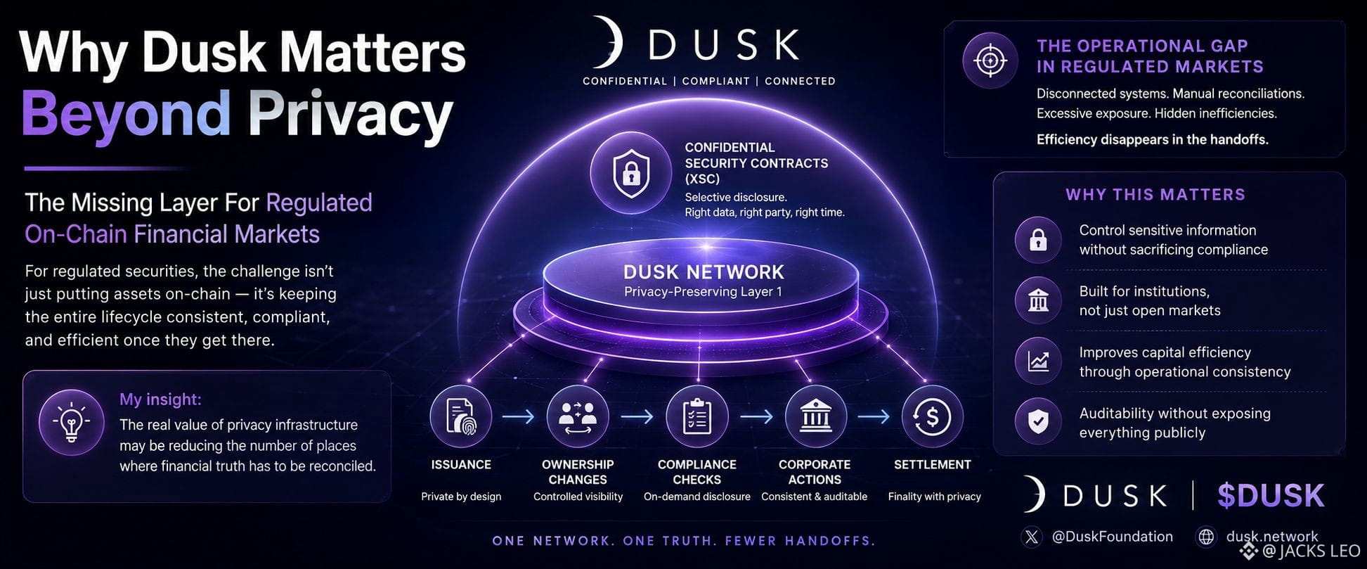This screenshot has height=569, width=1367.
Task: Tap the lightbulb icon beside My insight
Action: [x=72, y=423]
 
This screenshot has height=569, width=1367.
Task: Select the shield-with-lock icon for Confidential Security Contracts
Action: [x=630, y=172]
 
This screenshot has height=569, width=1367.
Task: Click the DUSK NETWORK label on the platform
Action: [x=704, y=272]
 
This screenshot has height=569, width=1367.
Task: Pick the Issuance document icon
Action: [x=461, y=416]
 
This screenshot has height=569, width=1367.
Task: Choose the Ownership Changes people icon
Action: [x=578, y=416]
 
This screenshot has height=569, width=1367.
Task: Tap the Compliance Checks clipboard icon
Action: [x=697, y=416]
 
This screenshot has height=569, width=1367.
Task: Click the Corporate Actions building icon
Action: [x=815, y=416]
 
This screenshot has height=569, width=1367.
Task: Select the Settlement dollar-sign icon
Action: [x=933, y=416]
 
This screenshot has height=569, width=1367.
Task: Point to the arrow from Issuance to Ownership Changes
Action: [x=519, y=417]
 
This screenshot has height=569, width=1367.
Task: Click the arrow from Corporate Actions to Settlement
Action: [x=874, y=417]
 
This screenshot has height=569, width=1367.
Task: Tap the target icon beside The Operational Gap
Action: [x=990, y=61]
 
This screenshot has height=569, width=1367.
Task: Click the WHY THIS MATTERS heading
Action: [x=1155, y=195]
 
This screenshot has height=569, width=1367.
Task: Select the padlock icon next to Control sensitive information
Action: [x=1038, y=240]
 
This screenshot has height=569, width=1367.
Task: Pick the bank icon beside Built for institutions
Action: [x=1038, y=300]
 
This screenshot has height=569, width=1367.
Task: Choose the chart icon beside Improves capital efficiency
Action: [x=1038, y=361]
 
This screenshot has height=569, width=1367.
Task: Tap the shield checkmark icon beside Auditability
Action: [x=1038, y=421]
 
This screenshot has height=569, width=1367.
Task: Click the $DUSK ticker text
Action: [x=1271, y=496]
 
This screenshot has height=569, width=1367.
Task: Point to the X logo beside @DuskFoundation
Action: [x=1031, y=537]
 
